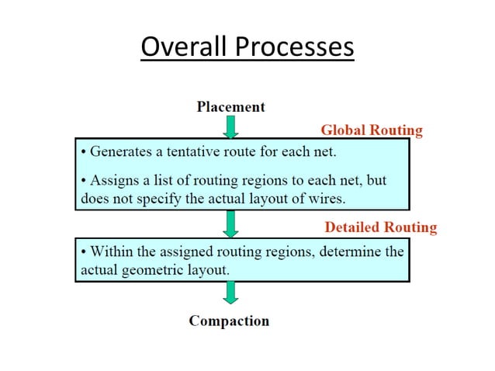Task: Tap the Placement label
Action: pyautogui.click(x=230, y=106)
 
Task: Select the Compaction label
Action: pyautogui.click(x=229, y=321)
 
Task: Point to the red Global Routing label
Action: pyautogui.click(x=372, y=130)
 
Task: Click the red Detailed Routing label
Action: pyautogui.click(x=380, y=227)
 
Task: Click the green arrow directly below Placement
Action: pyautogui.click(x=230, y=127)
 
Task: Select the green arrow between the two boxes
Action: pyautogui.click(x=230, y=224)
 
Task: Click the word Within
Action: pyautogui.click(x=112, y=251)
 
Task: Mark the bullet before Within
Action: pyautogui.click(x=84, y=251)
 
